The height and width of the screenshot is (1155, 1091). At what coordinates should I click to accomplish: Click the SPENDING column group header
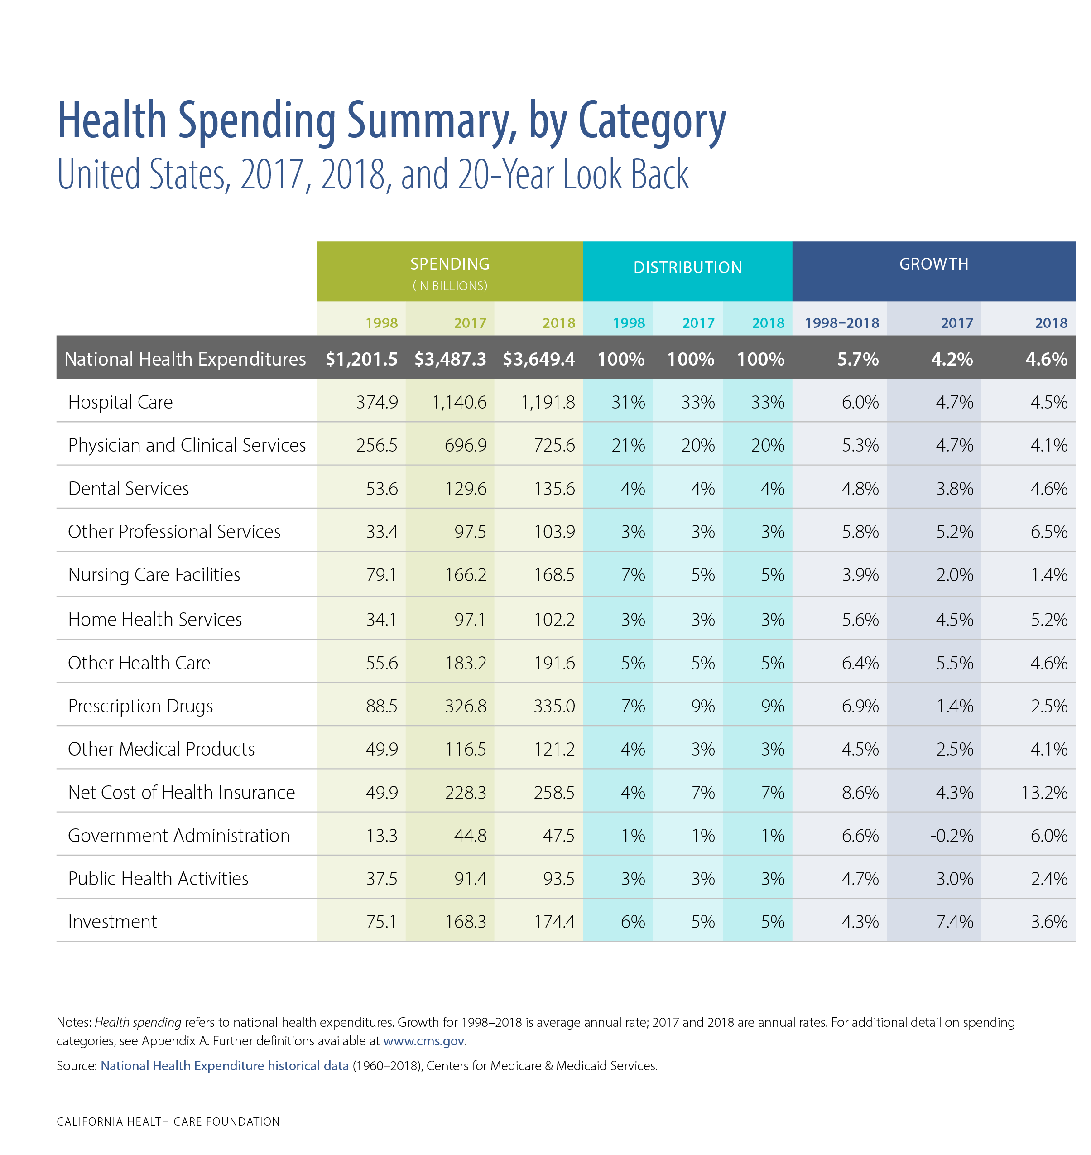450,265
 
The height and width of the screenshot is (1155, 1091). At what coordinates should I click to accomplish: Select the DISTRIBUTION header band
687,268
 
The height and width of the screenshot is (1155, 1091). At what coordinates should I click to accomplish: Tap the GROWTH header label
933,264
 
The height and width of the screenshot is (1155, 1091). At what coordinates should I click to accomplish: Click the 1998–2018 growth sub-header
841,323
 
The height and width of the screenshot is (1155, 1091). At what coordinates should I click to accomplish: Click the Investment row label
112,921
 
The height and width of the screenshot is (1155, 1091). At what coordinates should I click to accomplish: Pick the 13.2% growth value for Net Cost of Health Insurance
1044,792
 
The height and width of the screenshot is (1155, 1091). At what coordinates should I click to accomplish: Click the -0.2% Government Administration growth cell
951,835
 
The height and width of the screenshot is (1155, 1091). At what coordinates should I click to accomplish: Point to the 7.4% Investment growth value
954,921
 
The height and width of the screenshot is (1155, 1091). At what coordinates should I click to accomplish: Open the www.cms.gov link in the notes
424,1040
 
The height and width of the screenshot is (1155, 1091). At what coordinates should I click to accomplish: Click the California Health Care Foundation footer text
168,1121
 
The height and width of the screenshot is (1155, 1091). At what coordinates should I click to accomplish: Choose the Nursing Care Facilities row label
154,575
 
